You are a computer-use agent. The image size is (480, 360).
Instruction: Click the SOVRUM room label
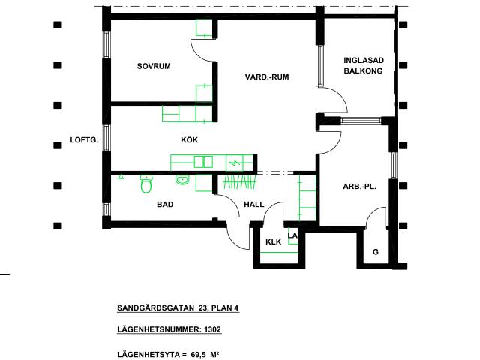(x=154, y=67)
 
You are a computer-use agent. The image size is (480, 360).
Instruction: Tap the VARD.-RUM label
(x=267, y=76)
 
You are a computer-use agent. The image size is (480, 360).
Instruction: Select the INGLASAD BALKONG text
(x=363, y=65)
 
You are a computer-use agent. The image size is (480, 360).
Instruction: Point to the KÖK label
(x=189, y=139)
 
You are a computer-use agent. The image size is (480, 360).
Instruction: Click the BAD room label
(x=165, y=204)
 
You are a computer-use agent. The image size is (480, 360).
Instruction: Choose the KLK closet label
(x=273, y=241)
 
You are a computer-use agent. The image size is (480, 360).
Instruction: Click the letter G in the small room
(x=375, y=252)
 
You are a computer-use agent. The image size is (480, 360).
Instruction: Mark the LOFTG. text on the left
(x=84, y=139)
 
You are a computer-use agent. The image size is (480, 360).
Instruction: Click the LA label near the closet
(x=293, y=235)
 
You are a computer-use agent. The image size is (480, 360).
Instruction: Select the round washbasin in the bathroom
(x=181, y=179)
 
